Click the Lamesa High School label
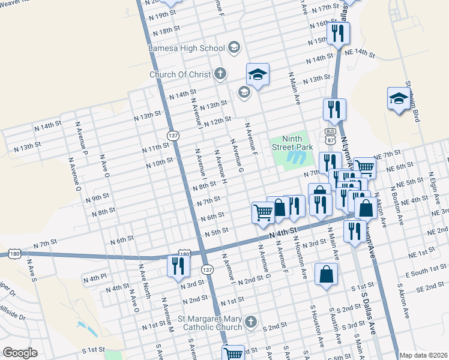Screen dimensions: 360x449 (x=187, y=47)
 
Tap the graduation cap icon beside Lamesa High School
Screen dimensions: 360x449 (x=234, y=47)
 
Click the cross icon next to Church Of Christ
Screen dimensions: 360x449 (x=220, y=74)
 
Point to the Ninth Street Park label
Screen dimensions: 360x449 (x=293, y=142)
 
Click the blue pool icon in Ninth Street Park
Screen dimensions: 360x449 (x=294, y=158)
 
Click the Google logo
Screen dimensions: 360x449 (x=20, y=353)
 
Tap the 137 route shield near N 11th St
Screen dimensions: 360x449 (x=172, y=135)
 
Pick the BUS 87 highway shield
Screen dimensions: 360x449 (x=330, y=135)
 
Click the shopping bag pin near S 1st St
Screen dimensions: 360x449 (x=326, y=275)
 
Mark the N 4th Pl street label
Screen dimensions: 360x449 (x=94, y=279)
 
